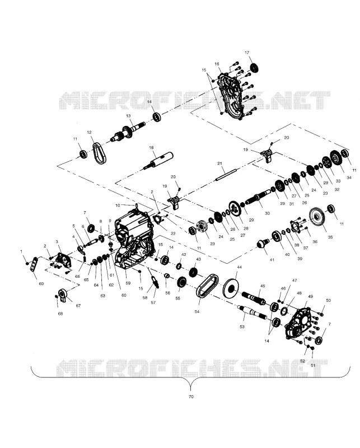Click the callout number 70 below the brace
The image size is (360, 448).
coord(191,396)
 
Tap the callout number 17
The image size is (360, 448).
coord(247,53)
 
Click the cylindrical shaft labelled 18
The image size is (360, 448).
coord(158,161)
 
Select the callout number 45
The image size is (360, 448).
coord(263,286)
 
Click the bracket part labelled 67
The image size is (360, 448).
coord(63,295)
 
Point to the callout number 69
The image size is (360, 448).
coord(41,284)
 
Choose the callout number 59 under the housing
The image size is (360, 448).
coord(128,283)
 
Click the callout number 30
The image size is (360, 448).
coord(267,213)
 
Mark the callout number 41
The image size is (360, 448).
coord(272,260)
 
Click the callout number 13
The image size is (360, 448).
coord(128,116)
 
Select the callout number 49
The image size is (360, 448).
coord(310,296)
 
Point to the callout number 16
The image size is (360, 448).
coord(217,64)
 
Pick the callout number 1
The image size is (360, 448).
coord(21,251)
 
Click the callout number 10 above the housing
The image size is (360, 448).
coord(118,206)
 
